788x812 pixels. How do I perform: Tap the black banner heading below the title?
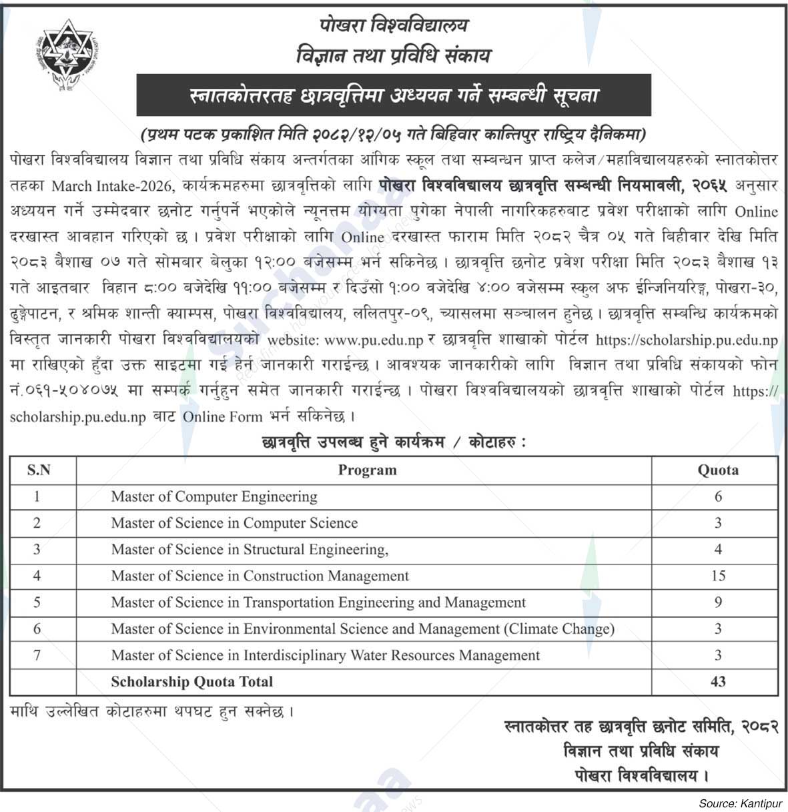coord(394,95)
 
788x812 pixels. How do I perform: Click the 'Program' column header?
coord(367,470)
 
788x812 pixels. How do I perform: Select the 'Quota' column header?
coord(718,470)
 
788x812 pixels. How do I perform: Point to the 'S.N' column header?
coord(39,470)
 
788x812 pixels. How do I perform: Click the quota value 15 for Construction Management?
coord(718,576)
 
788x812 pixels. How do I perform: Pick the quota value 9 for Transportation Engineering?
coord(718,602)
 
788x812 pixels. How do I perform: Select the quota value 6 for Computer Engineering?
coord(718,497)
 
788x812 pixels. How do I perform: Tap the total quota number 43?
coord(718,682)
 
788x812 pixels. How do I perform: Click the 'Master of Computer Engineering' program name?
coord(214,497)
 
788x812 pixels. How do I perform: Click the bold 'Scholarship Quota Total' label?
coord(192,682)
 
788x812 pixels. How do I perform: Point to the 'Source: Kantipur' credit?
coord(739,804)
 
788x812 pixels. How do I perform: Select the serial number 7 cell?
coord(37,655)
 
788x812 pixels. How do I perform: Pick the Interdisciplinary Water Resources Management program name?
coord(325,655)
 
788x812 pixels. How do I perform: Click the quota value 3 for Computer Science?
coord(718,523)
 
